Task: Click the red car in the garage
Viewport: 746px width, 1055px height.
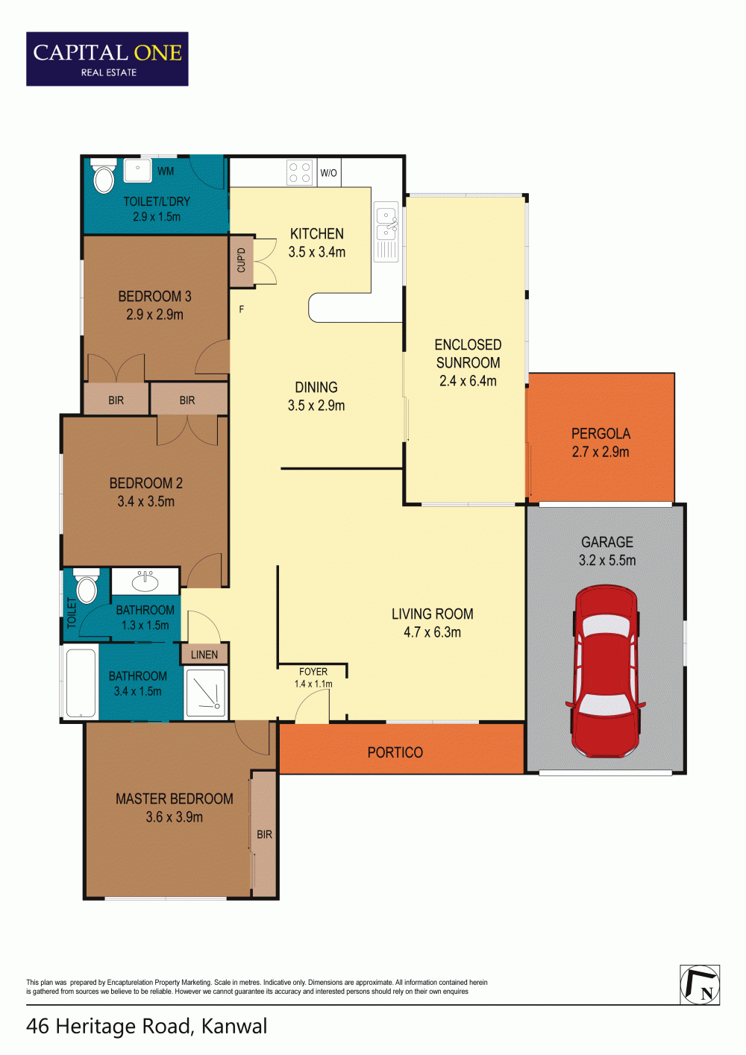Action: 606,671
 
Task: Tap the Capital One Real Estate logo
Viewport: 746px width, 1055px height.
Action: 107,59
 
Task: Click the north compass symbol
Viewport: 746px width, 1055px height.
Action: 699,984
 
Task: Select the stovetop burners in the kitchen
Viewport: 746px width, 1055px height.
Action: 300,172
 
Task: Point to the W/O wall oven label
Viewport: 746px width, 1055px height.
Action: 328,173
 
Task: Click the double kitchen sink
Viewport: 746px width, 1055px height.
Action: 386,232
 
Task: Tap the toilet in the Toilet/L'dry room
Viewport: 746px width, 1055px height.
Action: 103,175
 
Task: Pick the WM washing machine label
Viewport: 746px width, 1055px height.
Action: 166,171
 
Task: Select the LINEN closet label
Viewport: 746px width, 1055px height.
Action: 204,655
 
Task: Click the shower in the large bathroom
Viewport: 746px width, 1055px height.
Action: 207,691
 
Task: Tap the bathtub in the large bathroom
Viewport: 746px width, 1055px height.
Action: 81,682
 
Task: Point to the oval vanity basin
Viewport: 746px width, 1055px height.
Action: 145,582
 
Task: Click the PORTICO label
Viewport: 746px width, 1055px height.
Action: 395,752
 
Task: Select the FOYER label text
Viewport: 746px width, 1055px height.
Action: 313,672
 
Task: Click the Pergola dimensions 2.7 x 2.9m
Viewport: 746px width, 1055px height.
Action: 601,452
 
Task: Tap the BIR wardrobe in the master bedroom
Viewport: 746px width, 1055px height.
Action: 264,834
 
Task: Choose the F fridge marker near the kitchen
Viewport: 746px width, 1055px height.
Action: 241,309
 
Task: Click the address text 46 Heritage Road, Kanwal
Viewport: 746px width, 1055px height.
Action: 146,1026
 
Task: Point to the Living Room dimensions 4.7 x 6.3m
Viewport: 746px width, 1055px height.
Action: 432,632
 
